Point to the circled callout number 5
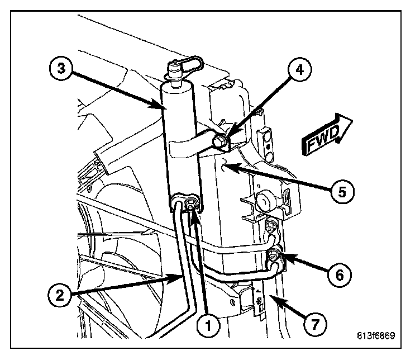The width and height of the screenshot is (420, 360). click(342, 192)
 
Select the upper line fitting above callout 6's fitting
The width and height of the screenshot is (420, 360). click(271, 226)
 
